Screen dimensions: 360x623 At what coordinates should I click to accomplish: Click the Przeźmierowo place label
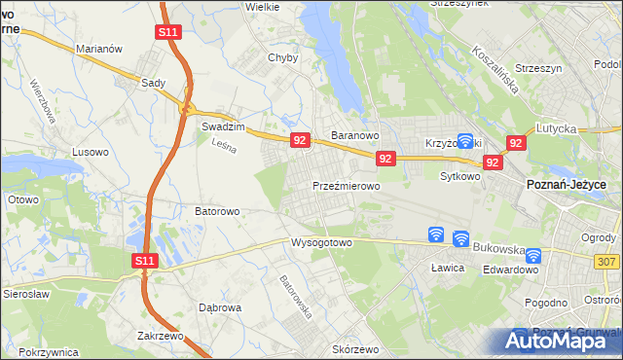point(346,184)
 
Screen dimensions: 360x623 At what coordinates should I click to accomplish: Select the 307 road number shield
point(607,261)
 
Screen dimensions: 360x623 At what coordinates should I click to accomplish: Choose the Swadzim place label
point(221,126)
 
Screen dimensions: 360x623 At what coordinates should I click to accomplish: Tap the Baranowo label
point(354,135)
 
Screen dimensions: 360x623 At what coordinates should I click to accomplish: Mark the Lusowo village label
point(92,153)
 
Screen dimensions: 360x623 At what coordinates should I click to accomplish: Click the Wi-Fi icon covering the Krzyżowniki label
point(465,141)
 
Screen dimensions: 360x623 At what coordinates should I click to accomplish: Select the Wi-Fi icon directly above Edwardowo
point(533,257)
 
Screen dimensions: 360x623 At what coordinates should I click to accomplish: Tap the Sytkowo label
point(460,177)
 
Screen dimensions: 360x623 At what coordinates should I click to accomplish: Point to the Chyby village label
point(282,57)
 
